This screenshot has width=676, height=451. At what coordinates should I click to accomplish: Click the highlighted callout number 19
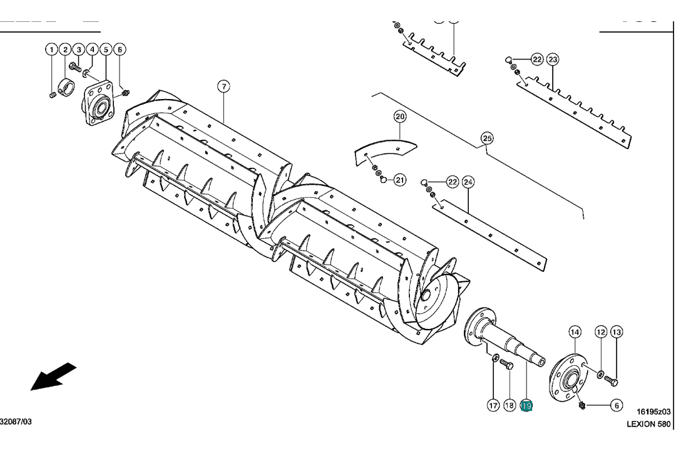coord(526,406)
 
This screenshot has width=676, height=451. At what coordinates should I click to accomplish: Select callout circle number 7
coord(224,86)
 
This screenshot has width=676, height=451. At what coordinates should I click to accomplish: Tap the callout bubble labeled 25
coord(487,138)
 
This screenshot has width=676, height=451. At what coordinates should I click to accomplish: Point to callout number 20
coord(400,117)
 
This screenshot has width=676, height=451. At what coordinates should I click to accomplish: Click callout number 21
coord(400,180)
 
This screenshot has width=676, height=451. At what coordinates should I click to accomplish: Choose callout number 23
coord(553,60)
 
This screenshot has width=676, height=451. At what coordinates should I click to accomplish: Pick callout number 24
coord(468,182)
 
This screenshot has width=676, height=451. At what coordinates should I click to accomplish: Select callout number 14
coord(575,331)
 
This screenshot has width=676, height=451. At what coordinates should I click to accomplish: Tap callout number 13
coord(617,331)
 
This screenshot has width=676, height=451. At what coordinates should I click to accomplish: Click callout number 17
coord(493,406)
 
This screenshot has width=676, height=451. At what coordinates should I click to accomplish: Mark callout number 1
coord(51,49)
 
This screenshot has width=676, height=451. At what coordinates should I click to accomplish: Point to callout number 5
coord(105,49)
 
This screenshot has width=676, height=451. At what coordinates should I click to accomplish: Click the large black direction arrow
coord(53,376)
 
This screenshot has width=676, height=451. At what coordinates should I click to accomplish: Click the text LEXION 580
coord(649,424)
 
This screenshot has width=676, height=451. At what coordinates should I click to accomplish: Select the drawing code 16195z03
coord(653,412)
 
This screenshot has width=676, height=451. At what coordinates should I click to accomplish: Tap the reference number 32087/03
coord(16,422)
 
